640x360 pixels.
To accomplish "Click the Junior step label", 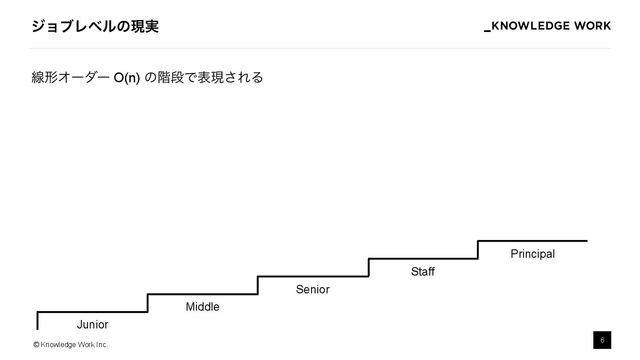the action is (x=92, y=325).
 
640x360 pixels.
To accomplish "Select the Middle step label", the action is (x=203, y=307).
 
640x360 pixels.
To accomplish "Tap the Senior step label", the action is (x=313, y=289).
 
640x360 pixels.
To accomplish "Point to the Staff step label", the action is (x=423, y=272).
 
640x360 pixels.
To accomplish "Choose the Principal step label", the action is (x=532, y=254).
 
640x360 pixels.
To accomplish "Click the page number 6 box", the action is (x=602, y=340).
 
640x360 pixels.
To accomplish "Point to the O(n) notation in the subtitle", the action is (x=127, y=78).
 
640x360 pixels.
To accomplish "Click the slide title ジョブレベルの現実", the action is (x=95, y=27).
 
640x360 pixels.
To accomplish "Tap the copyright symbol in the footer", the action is (x=36, y=344).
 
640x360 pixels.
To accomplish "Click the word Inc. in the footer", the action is (x=102, y=344).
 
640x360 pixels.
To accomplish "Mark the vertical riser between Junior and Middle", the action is (x=148, y=303).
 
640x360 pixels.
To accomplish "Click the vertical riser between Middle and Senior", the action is (x=258, y=285).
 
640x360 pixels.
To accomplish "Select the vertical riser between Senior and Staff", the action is (x=368, y=268).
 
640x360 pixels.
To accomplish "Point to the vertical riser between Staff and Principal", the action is (x=478, y=250).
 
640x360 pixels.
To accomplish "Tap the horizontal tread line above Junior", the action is (x=92, y=312).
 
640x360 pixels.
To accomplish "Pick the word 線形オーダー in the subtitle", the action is (x=70, y=78).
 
